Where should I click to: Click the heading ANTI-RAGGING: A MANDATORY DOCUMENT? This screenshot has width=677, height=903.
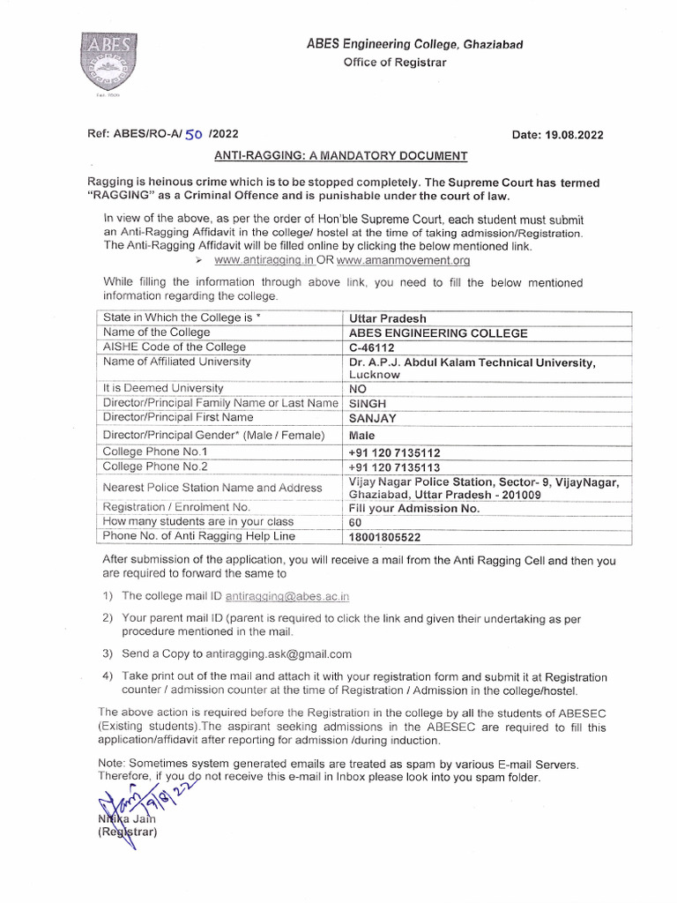(341, 156)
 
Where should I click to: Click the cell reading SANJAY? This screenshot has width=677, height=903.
(374, 418)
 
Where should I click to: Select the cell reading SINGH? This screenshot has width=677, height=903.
(368, 403)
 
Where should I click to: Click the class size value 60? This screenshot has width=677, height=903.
(356, 522)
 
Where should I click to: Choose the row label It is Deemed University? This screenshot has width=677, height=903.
(163, 388)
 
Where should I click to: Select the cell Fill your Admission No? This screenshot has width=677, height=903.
(414, 508)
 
